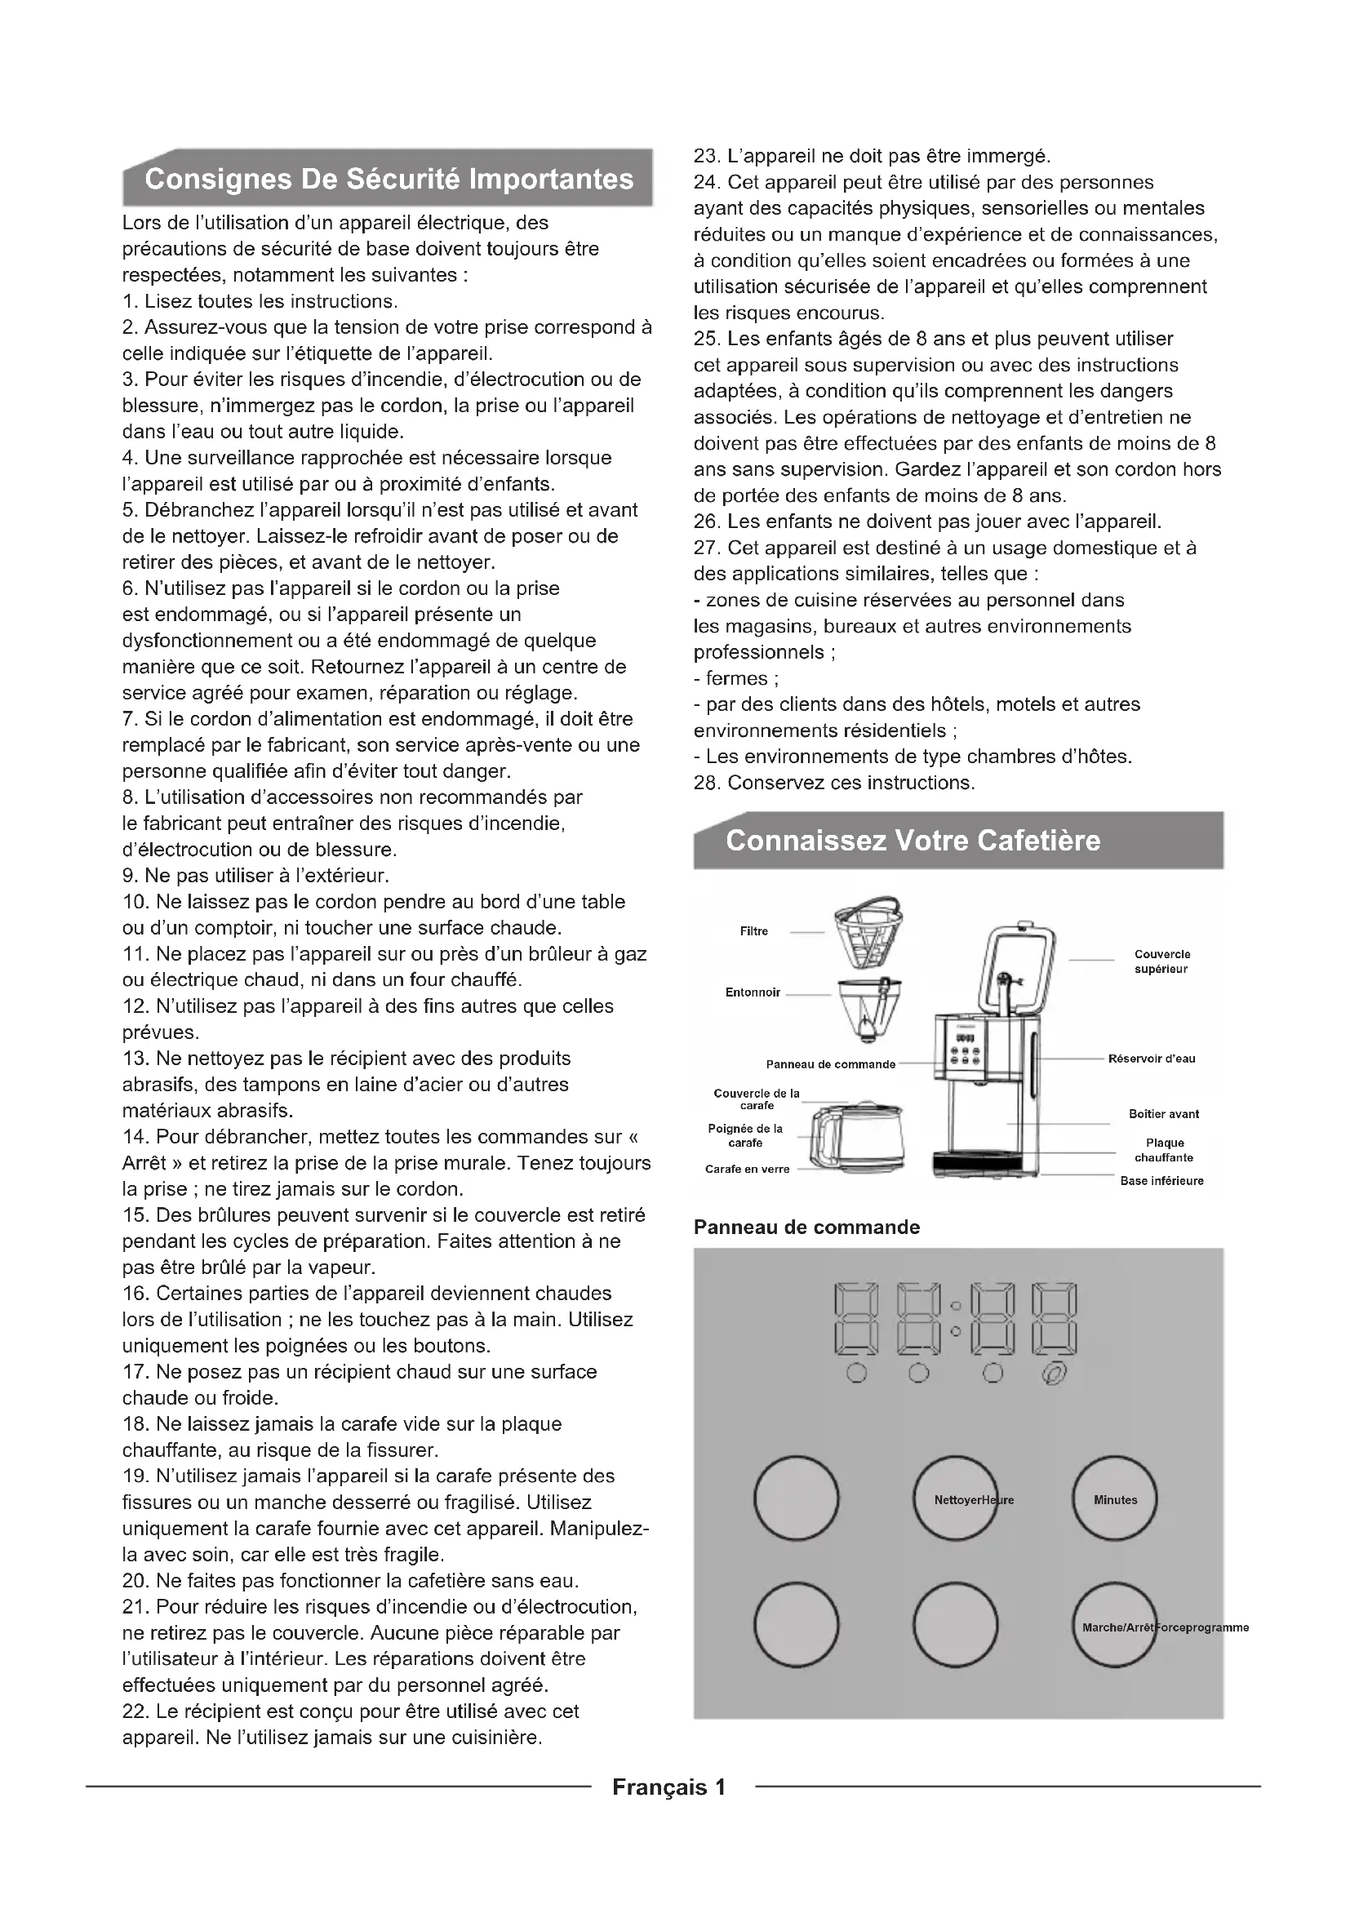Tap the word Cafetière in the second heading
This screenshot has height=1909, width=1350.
(x=1038, y=841)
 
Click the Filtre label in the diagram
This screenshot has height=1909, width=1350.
(x=753, y=931)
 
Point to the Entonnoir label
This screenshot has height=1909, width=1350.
(x=753, y=992)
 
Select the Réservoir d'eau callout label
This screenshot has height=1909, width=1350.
(x=1152, y=1059)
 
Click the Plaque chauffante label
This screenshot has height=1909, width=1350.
(x=1164, y=1150)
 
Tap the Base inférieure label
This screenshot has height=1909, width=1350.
(x=1161, y=1181)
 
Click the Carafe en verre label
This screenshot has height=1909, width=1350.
(x=747, y=1169)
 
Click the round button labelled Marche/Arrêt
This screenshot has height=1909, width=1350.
(x=1114, y=1627)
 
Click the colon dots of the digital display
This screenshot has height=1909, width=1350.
(x=956, y=1319)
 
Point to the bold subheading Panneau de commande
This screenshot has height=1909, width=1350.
(x=806, y=1228)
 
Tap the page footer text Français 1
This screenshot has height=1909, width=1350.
(x=669, y=1787)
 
